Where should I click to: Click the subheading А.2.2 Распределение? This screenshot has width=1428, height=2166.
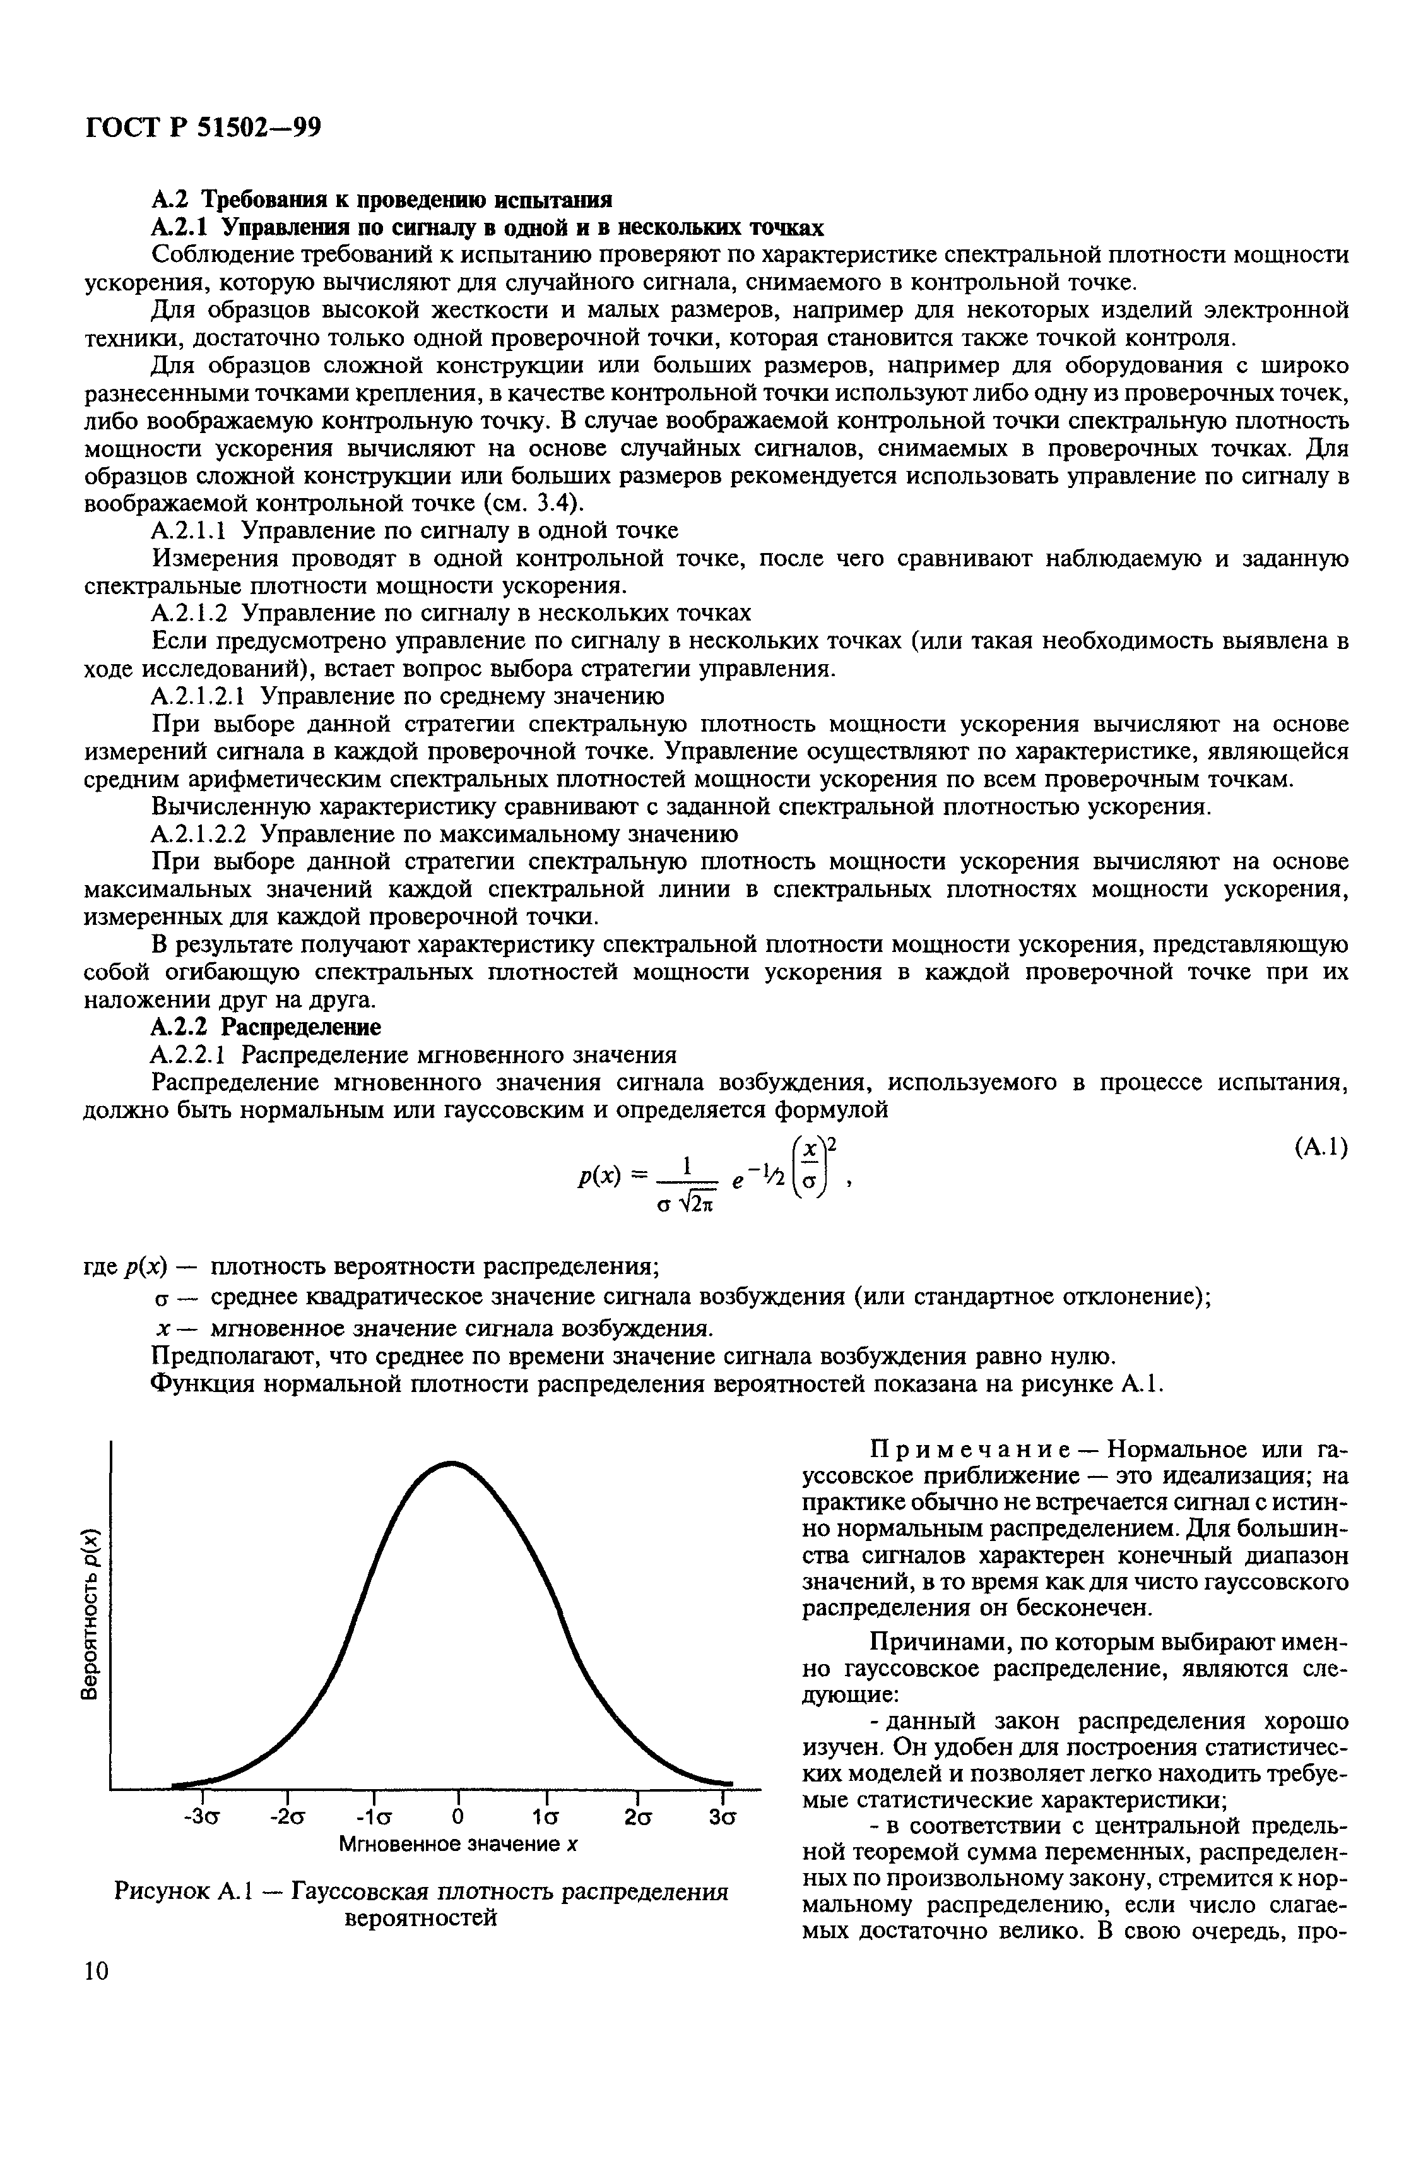[x=266, y=1027]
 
